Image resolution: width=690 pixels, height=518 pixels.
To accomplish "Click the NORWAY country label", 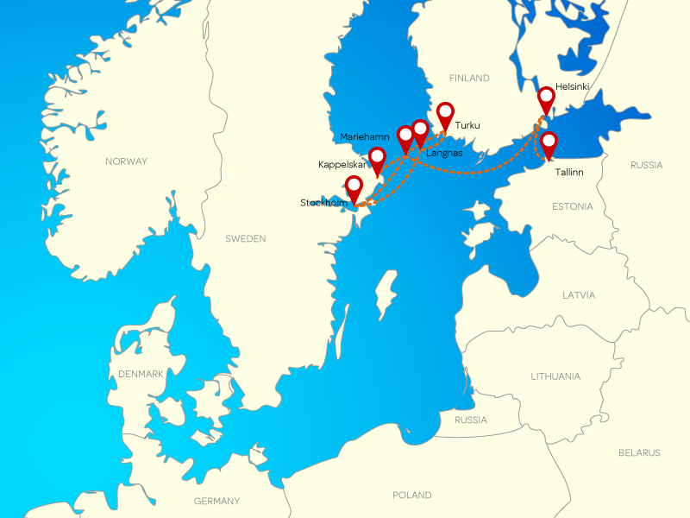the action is pyautogui.click(x=126, y=161).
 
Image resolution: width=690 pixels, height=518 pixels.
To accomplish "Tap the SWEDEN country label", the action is pyautogui.click(x=246, y=238).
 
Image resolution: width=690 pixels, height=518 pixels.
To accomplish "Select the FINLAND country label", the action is pyautogui.click(x=469, y=78).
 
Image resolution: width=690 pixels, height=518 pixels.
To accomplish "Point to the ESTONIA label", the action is pyautogui.click(x=573, y=206).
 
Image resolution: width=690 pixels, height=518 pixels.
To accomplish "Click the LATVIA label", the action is pyautogui.click(x=579, y=294).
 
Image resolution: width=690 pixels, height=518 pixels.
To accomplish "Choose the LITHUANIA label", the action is pyautogui.click(x=555, y=376).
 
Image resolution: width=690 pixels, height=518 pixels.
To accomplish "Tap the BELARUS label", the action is pyautogui.click(x=639, y=452).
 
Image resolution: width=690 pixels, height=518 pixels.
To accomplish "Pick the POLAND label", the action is pyautogui.click(x=412, y=495).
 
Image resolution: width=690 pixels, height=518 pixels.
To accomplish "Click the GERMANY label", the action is pyautogui.click(x=217, y=501).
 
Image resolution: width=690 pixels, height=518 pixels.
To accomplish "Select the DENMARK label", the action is pyautogui.click(x=141, y=374).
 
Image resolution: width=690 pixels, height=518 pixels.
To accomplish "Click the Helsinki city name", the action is pyautogui.click(x=573, y=86).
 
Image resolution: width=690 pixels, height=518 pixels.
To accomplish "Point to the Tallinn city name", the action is pyautogui.click(x=570, y=172).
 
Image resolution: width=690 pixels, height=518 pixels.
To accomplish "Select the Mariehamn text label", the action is pyautogui.click(x=365, y=136).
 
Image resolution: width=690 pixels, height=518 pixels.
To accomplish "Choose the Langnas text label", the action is pyautogui.click(x=445, y=153).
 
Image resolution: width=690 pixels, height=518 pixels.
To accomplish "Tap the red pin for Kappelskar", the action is pyautogui.click(x=377, y=158).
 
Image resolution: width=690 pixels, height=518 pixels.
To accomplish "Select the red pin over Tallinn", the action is pyautogui.click(x=549, y=142).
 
